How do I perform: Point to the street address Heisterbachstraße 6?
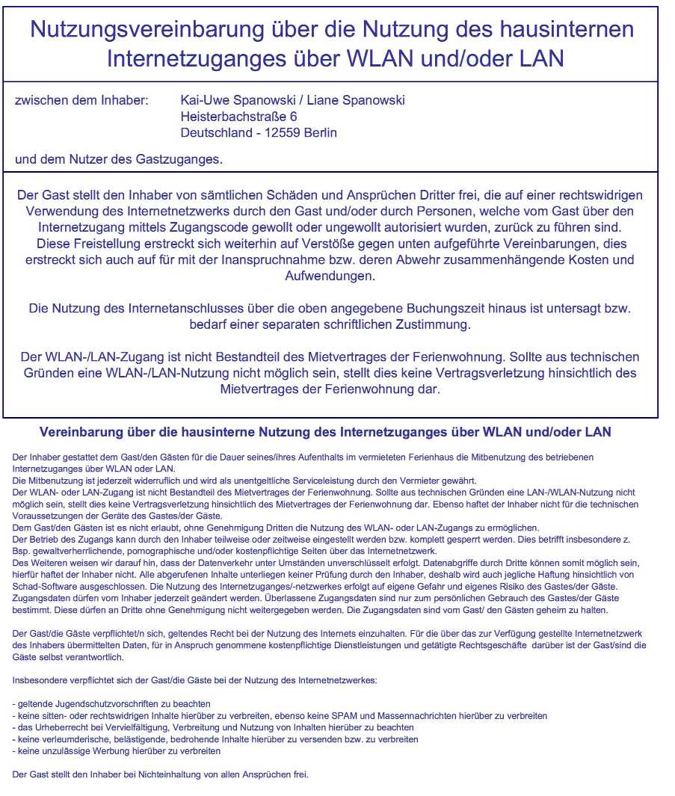(238, 117)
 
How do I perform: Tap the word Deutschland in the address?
(218, 133)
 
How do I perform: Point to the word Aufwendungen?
(330, 276)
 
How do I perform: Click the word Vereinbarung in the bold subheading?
(81, 432)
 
